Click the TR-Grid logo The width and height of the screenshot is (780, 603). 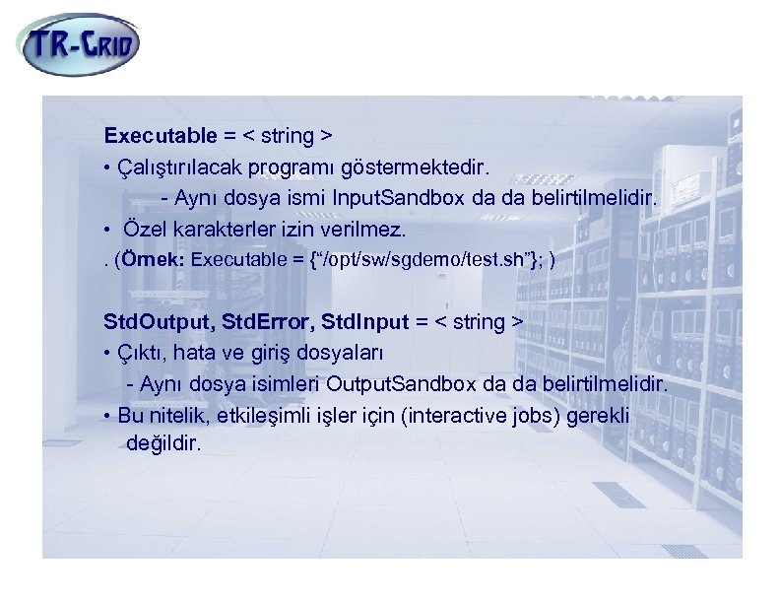pyautogui.click(x=79, y=43)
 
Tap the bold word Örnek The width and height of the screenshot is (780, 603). pyautogui.click(x=155, y=261)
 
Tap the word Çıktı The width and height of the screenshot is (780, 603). pyautogui.click(x=141, y=352)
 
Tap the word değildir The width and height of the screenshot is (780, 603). pyautogui.click(x=163, y=443)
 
